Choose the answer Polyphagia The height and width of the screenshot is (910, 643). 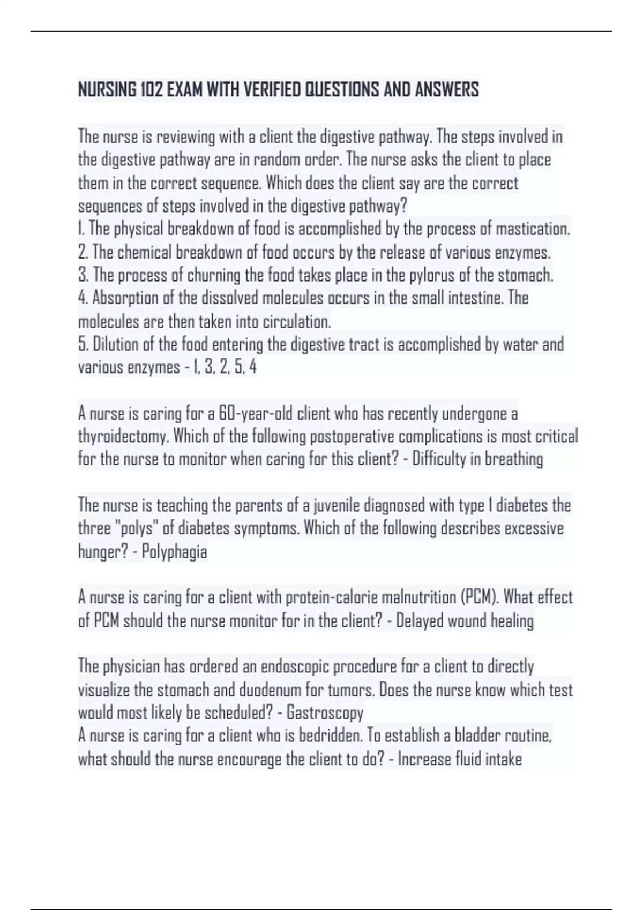tap(174, 552)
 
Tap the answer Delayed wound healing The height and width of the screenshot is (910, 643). tap(465, 621)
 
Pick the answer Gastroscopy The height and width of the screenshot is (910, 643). tap(325, 713)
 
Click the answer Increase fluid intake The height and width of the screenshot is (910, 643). tap(459, 760)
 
